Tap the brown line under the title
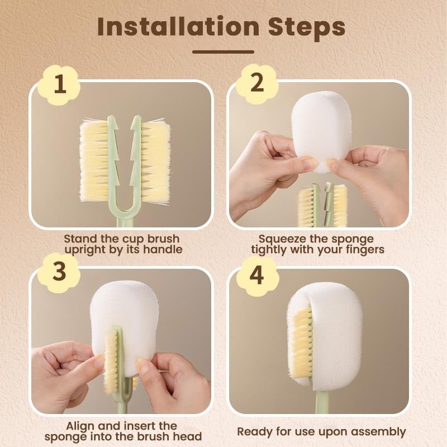tap(223, 52)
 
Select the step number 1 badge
tap(60, 85)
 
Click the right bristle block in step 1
tap(155, 162)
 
